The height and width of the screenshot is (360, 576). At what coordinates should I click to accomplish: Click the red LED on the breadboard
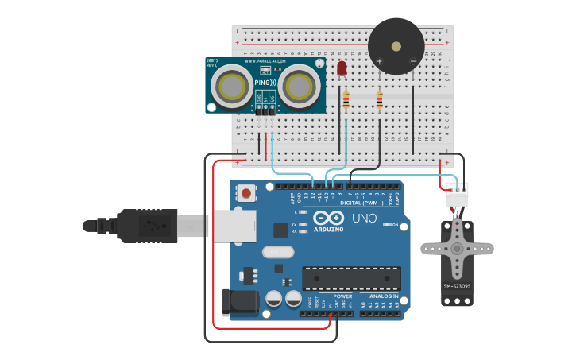point(342,69)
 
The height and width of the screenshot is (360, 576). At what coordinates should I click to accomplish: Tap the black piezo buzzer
point(396,46)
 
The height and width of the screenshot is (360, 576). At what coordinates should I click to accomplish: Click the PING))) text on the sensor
point(265,83)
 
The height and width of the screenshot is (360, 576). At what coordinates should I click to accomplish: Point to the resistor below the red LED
point(346,100)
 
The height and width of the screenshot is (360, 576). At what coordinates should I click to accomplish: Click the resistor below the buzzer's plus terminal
point(379,100)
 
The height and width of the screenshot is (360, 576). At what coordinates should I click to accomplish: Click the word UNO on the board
point(364,218)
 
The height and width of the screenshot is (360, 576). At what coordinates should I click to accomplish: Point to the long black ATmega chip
point(350,277)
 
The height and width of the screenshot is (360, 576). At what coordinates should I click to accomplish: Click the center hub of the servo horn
point(457,248)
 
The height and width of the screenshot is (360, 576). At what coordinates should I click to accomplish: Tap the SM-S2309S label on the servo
point(457,286)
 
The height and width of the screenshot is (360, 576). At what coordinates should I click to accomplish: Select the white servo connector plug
point(457,195)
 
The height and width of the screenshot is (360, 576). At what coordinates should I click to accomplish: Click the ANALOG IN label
point(381,296)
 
